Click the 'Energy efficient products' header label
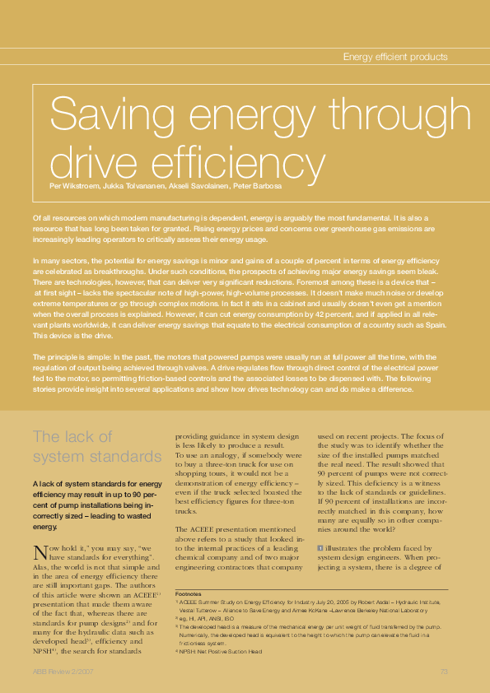coord(394,57)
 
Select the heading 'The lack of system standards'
coord(96,446)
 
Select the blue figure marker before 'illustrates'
coord(320,546)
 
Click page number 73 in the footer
coord(443,672)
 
